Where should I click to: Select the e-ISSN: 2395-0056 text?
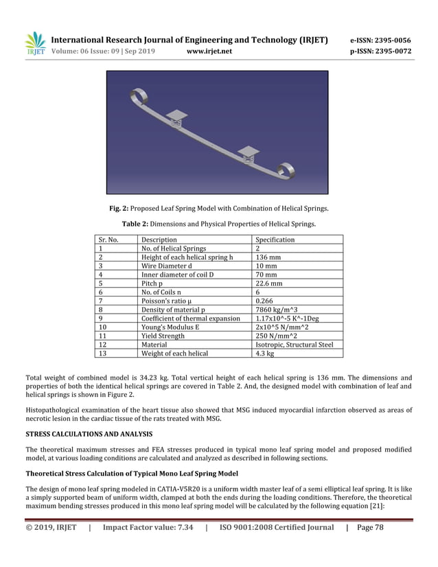[x=380, y=40]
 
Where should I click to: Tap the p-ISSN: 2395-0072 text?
[x=380, y=51]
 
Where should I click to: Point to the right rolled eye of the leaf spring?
[x=286, y=170]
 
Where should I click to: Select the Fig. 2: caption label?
[x=119, y=209]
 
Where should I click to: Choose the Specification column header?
[x=275, y=240]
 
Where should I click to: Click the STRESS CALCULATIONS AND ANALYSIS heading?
[x=89, y=435]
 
